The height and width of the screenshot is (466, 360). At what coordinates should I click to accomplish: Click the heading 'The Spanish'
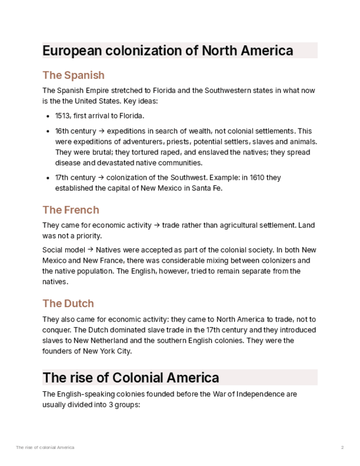[x=73, y=75]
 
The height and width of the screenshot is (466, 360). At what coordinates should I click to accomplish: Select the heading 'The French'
[x=71, y=210]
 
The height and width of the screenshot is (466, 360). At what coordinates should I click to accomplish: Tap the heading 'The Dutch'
[x=68, y=303]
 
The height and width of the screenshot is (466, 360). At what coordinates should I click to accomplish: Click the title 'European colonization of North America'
[x=168, y=51]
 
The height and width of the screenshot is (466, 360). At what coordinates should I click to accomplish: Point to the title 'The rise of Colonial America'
[x=131, y=378]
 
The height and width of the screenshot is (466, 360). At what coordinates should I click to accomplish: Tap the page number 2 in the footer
[x=342, y=447]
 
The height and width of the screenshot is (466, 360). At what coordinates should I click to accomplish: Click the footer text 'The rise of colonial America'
[x=45, y=447]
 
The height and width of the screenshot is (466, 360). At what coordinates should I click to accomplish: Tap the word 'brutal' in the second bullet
[x=93, y=152]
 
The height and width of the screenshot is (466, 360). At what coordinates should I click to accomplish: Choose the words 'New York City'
[x=107, y=351]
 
